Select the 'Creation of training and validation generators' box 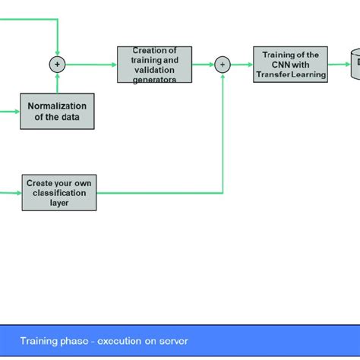coord(154,65)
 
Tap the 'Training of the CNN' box coord(290,65)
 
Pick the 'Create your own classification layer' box coord(57,193)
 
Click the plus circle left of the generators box coord(57,65)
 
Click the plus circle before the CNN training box coord(223,65)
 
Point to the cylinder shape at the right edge coord(354,65)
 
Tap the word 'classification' coord(57,193)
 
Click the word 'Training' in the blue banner coord(38,341)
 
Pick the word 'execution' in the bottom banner coord(116,341)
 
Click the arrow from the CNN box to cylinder coord(338,65)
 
